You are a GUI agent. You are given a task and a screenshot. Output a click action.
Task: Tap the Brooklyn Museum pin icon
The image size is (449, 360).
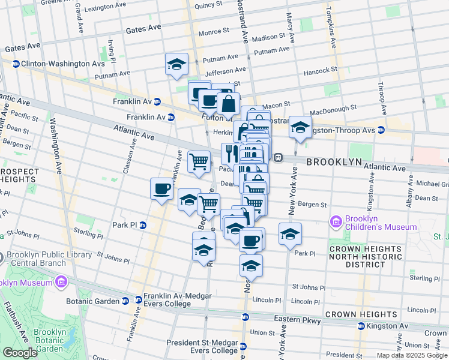[60, 281]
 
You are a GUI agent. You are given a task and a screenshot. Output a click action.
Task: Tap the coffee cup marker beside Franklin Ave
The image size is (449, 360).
[161, 188]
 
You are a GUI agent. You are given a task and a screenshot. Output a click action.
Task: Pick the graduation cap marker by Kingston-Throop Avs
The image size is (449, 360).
[300, 127]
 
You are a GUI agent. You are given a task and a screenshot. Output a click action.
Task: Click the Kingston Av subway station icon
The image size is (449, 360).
[361, 326]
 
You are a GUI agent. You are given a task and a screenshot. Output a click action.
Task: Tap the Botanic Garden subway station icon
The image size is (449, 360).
[125, 300]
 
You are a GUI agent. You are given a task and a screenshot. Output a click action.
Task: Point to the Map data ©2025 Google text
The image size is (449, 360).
[411, 355]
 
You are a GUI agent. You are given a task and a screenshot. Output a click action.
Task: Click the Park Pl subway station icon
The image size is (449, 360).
[143, 226]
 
